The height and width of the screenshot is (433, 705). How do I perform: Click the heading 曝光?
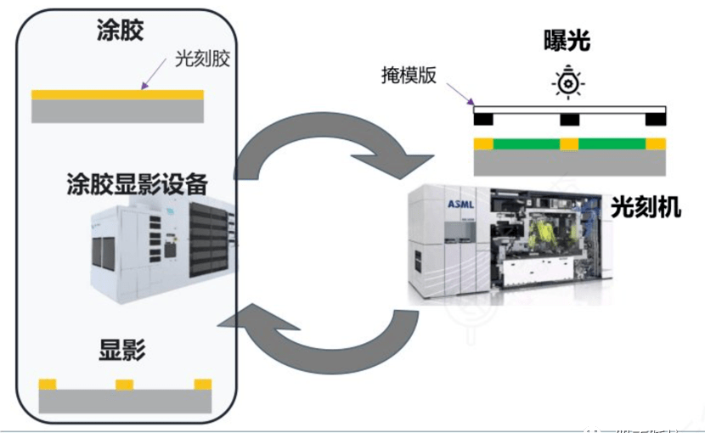[567, 40]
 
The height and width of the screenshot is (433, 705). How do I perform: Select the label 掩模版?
[408, 75]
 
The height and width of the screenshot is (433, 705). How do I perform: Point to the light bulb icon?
[566, 82]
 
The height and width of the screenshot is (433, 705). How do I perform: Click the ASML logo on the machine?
[459, 203]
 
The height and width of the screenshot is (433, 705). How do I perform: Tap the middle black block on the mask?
[569, 118]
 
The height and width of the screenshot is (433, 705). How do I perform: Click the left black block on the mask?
[483, 118]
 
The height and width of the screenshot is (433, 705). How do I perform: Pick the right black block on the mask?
[656, 118]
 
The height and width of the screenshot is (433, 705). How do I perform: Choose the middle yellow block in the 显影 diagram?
[125, 385]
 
